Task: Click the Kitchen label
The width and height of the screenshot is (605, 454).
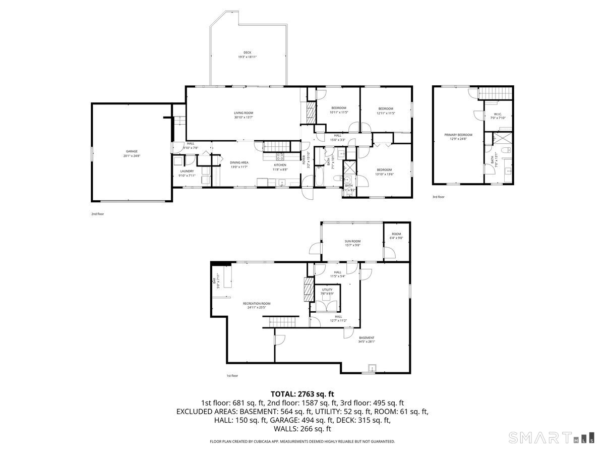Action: coord(280,165)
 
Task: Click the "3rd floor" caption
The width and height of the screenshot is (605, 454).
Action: coord(438,197)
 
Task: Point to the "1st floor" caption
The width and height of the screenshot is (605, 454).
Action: coord(232,375)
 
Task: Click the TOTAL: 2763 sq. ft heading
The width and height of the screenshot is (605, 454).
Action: coord(302,393)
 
